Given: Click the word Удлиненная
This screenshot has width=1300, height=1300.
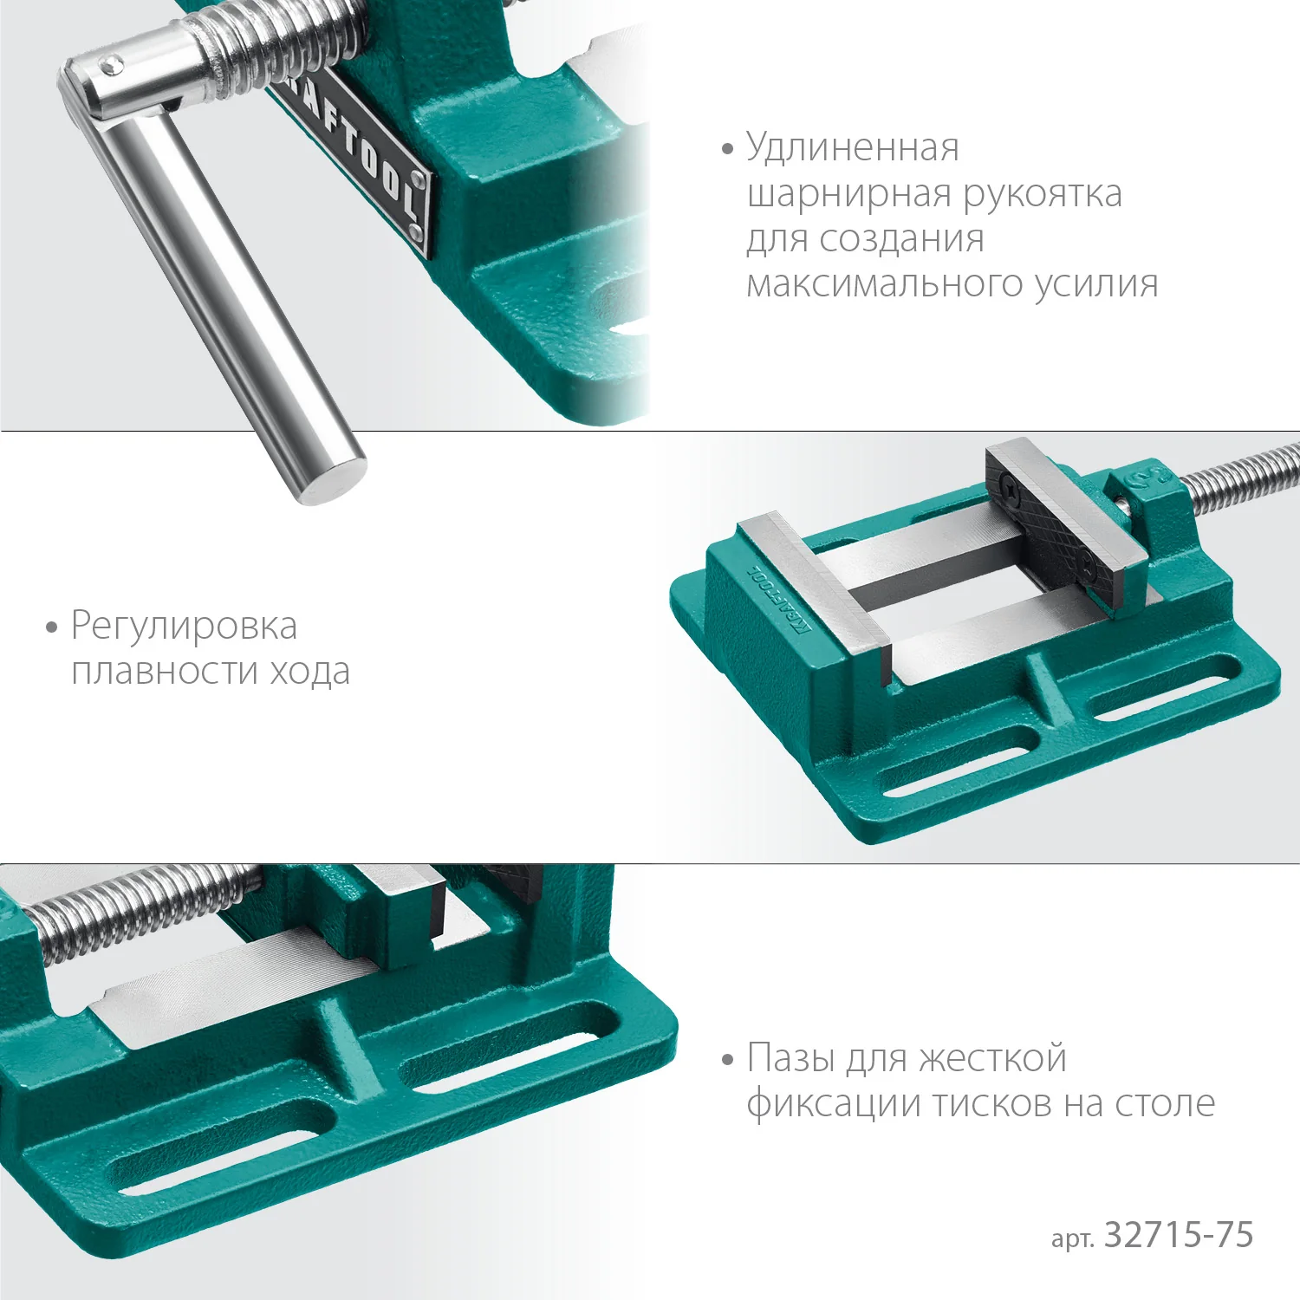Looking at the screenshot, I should pyautogui.click(x=853, y=148).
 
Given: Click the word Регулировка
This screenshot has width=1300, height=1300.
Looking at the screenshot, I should pyautogui.click(x=184, y=626).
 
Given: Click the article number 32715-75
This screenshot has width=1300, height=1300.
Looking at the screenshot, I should pyautogui.click(x=1179, y=1235).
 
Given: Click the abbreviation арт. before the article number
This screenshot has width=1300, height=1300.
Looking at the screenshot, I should pyautogui.click(x=1071, y=1238).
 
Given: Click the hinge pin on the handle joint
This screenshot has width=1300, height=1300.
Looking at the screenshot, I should pyautogui.click(x=109, y=64).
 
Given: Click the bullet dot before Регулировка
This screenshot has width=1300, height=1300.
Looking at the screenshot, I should pyautogui.click(x=51, y=627).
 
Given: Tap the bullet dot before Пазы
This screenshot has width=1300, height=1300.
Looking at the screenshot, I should pyautogui.click(x=727, y=1060).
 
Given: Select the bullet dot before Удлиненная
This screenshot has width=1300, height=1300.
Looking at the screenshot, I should pyautogui.click(x=727, y=150).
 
